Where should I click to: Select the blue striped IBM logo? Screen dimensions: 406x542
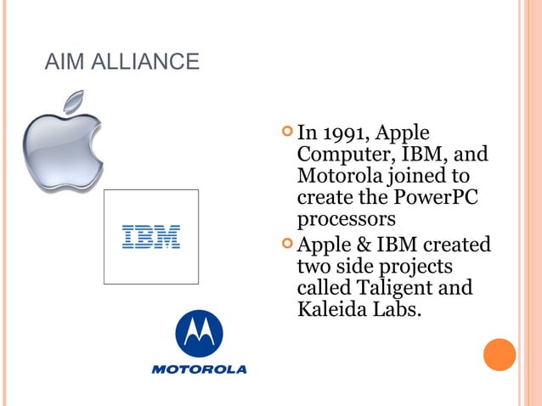pos(151,237)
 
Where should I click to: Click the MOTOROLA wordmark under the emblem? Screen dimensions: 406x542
pos(199,369)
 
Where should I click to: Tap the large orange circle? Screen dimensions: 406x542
pos(500,355)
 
